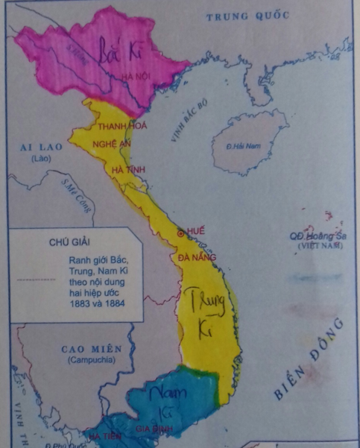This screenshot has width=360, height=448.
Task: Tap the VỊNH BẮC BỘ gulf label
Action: [x=191, y=121]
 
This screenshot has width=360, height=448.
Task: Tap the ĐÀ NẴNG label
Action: [x=198, y=257]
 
